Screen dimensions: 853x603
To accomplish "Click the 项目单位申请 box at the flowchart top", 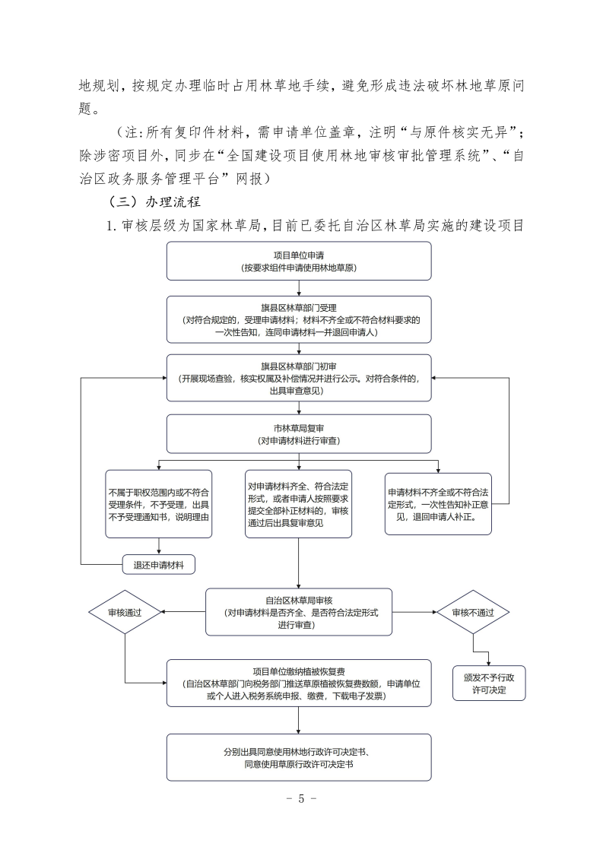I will (x=299, y=262).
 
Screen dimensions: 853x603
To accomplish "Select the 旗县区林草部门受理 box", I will (x=299, y=320).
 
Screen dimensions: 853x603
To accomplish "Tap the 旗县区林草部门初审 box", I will (x=299, y=378).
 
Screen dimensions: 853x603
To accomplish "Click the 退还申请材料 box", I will (x=158, y=564).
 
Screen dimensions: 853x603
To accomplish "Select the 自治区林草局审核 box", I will (x=299, y=611).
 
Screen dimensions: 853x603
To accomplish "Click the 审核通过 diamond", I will (x=125, y=612).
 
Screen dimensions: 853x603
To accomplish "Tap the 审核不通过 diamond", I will (x=473, y=612).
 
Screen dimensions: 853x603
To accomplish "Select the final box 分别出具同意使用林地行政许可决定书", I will (x=299, y=757).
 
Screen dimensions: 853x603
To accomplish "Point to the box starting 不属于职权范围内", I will (x=158, y=503).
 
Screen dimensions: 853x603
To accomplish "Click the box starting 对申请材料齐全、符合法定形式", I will (x=299, y=503).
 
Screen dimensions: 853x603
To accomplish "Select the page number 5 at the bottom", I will (x=301, y=798).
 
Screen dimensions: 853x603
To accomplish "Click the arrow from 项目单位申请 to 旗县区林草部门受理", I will (x=299, y=288).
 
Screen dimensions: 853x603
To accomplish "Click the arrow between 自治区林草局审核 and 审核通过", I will (x=182, y=612).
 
